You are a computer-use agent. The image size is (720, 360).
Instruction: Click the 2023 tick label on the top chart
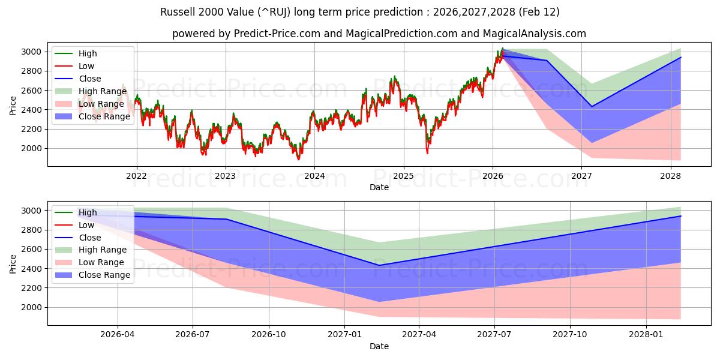click(x=226, y=176)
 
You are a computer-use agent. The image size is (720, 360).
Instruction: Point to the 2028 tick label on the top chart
click(x=670, y=176)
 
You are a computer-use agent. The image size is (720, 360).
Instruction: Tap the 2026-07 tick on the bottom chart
click(x=193, y=335)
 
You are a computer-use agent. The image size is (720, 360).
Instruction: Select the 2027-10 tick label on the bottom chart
click(x=570, y=335)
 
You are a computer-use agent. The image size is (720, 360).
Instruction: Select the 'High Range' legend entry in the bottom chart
click(x=103, y=250)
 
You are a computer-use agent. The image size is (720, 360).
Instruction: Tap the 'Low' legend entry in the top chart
click(x=86, y=66)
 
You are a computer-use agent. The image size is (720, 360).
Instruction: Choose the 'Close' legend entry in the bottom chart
click(x=89, y=238)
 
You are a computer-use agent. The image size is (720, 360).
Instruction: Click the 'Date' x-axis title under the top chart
click(x=379, y=187)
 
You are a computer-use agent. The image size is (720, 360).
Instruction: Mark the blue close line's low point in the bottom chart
click(x=379, y=265)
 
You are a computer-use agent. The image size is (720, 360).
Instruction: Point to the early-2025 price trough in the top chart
click(x=428, y=152)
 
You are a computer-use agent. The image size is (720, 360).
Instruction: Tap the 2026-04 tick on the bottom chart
click(x=117, y=335)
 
